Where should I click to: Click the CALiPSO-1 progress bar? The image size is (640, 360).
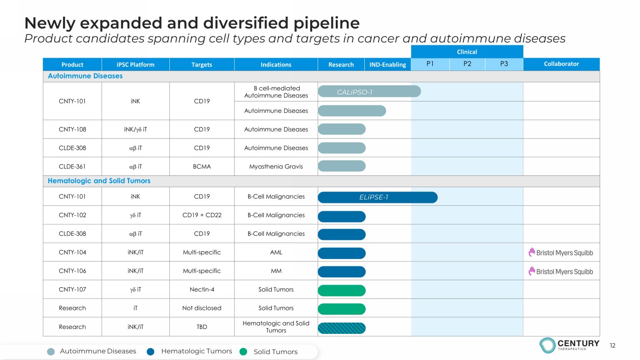tap(369, 92)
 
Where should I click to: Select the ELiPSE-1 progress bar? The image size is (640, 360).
tap(378, 197)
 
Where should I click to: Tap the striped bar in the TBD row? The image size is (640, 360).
tap(342, 328)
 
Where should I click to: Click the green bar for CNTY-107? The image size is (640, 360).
tap(342, 290)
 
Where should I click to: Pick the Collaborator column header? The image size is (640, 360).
tap(561, 64)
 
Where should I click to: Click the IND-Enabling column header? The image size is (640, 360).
tap(387, 65)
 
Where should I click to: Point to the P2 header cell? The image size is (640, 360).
tap(467, 64)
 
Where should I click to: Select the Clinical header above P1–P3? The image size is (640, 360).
tap(467, 52)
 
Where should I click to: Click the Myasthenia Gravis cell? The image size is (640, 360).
tap(276, 166)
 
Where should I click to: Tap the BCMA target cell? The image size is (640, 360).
tap(202, 166)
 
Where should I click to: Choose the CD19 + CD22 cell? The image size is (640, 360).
tap(202, 215)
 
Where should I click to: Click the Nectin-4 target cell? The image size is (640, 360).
tap(202, 290)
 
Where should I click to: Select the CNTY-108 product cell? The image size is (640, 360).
tap(72, 130)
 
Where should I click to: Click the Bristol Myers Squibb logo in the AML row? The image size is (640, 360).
tap(561, 253)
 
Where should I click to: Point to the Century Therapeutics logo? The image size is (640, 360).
tap(569, 345)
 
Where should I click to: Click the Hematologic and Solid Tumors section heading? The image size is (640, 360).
tap(99, 181)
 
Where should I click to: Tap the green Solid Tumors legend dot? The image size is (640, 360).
tap(243, 352)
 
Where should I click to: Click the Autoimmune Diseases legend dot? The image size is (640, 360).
tap(51, 352)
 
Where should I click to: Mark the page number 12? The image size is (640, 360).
tap(612, 346)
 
